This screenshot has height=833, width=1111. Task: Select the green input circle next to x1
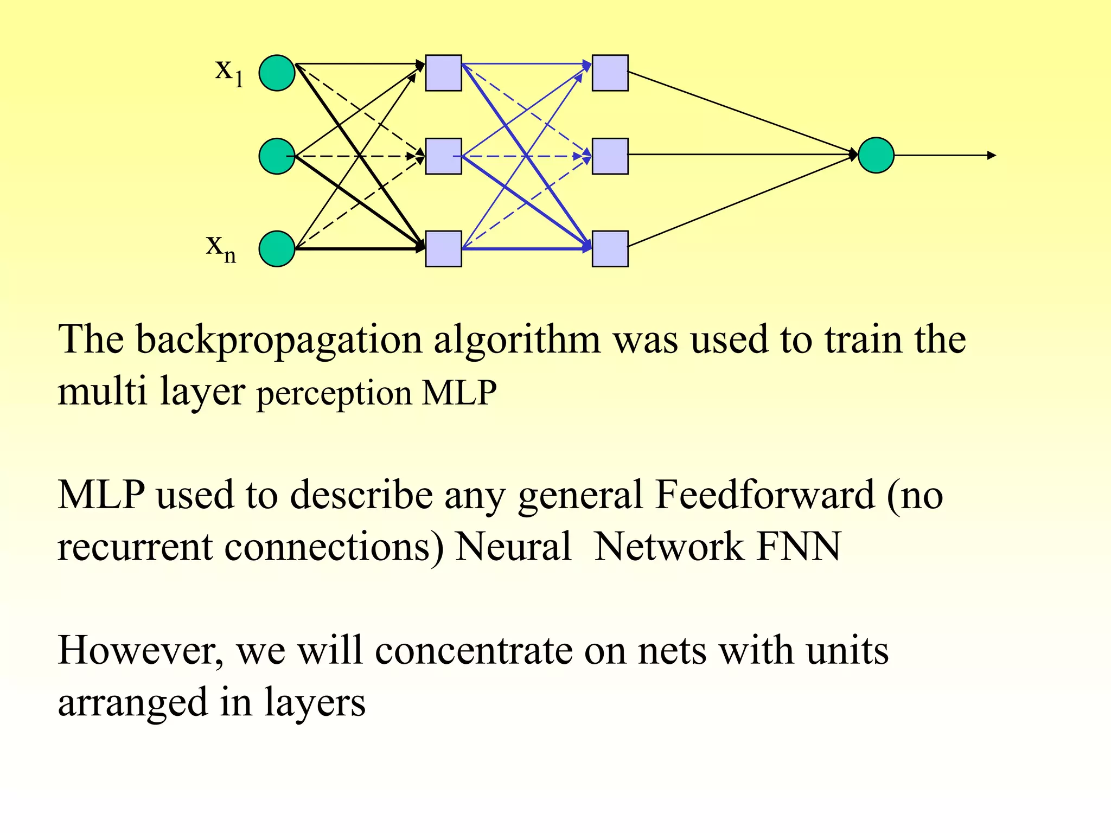[x=277, y=73]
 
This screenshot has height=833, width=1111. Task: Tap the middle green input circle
[x=277, y=156]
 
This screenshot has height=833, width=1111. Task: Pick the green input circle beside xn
[x=277, y=249]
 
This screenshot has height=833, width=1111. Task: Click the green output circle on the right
[x=876, y=155]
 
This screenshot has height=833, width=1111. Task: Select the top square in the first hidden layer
[x=443, y=73]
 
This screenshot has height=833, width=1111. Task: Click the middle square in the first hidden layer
[x=443, y=156]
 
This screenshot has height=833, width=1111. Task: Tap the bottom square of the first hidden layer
[x=443, y=249]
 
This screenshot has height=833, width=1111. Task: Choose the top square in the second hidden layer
[x=610, y=73]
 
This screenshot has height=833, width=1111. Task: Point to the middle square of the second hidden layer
[x=610, y=156]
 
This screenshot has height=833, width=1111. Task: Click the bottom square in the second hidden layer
[x=610, y=249]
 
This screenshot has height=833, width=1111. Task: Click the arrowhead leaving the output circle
[x=992, y=156]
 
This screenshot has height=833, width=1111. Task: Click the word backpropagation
[x=278, y=341]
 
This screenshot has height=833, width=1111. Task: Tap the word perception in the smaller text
[x=334, y=394]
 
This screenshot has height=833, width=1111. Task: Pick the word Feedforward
[x=764, y=495]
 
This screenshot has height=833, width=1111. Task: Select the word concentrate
[x=473, y=650]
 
